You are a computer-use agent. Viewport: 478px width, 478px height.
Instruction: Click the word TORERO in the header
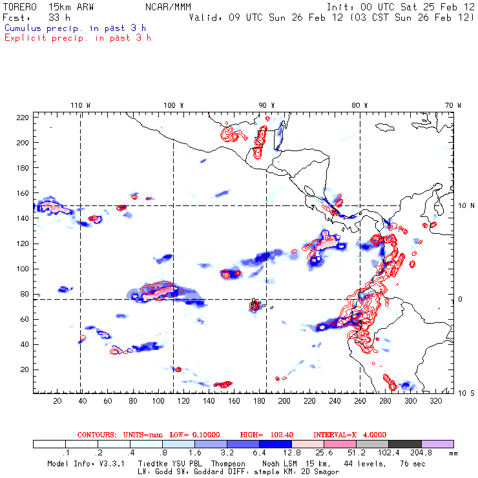pyautogui.click(x=17, y=6)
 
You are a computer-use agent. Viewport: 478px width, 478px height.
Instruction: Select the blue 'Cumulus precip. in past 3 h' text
pyautogui.click(x=75, y=28)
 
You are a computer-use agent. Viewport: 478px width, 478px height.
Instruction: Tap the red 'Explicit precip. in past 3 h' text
pyautogui.click(x=78, y=37)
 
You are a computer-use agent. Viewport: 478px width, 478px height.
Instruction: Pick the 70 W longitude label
pyautogui.click(x=453, y=105)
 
